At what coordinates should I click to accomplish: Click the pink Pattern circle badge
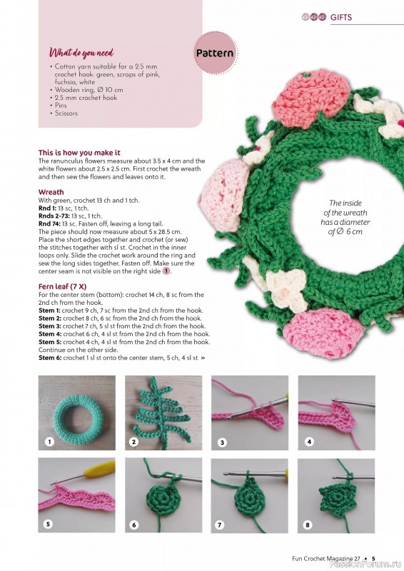[214, 54]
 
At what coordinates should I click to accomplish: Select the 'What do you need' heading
[81, 53]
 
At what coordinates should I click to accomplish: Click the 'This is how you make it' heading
[79, 153]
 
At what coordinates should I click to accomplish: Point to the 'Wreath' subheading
[50, 192]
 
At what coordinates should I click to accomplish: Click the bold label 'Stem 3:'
[50, 326]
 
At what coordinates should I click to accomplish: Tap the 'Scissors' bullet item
[69, 113]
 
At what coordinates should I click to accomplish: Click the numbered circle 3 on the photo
[222, 443]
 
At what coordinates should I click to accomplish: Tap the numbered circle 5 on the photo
[48, 524]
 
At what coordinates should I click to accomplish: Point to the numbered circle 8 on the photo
[308, 524]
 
